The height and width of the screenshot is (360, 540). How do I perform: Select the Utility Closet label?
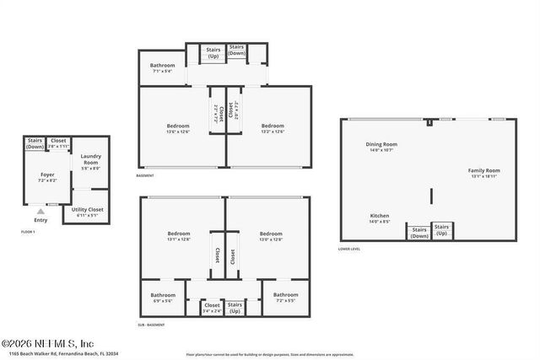click(88, 211)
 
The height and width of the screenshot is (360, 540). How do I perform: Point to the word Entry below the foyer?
click(40, 220)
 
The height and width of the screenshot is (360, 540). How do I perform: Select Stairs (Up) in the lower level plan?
click(441, 228)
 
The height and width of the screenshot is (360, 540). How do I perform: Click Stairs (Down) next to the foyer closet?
click(35, 143)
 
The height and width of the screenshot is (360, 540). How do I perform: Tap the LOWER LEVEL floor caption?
click(349, 249)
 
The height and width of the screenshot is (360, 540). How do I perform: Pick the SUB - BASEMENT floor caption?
click(151, 325)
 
